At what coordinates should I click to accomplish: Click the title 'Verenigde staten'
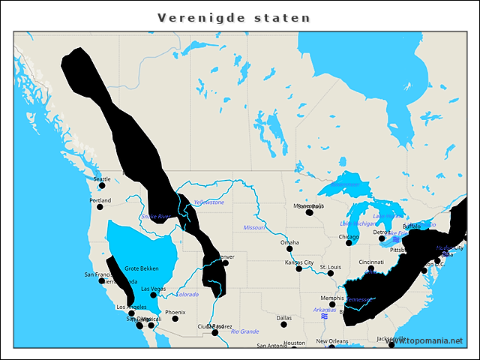pyautogui.click(x=234, y=17)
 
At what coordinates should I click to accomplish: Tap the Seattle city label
pyautogui.click(x=101, y=178)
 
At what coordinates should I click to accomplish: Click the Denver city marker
pyautogui.click(x=225, y=263)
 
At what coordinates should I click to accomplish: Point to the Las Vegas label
pyautogui.click(x=153, y=288)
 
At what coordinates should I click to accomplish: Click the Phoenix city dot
pyautogui.click(x=175, y=319)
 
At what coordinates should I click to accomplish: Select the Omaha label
pyautogui.click(x=289, y=242)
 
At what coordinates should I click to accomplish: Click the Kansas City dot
pyautogui.click(x=298, y=270)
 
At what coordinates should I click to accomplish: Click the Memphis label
pyautogui.click(x=331, y=298)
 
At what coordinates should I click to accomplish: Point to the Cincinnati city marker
pyautogui.click(x=370, y=268)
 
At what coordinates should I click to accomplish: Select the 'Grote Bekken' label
pyautogui.click(x=141, y=268)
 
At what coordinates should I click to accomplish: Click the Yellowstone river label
pyautogui.click(x=208, y=202)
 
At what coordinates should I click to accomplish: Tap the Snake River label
pyautogui.click(x=154, y=217)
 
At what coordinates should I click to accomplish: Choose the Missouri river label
pyautogui.click(x=253, y=227)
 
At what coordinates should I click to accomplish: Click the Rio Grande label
pyautogui.click(x=244, y=331)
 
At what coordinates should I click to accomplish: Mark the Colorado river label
pyautogui.click(x=187, y=294)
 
